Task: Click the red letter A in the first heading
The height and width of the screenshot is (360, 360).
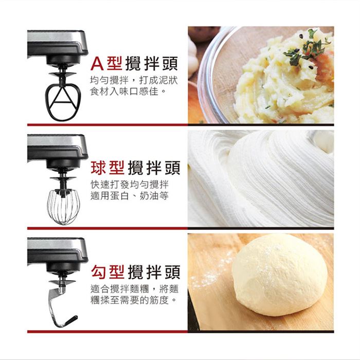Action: point(98,64)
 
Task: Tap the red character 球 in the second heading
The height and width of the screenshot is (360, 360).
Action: point(98,168)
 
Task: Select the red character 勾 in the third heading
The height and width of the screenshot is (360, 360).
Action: point(98,272)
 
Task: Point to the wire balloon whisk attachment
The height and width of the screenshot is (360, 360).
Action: point(63,207)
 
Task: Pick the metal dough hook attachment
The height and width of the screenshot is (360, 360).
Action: point(53,305)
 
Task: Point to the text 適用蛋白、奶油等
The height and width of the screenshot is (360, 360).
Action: point(130,196)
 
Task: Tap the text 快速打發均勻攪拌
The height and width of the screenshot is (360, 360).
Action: point(130,184)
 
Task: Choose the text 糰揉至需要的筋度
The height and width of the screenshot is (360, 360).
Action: point(133,300)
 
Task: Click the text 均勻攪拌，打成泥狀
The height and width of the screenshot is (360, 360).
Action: point(134,80)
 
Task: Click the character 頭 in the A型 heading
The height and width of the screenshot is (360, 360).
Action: point(170,64)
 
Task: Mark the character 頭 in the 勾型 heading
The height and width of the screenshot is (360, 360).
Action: point(172,272)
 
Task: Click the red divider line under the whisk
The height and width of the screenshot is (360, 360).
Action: point(107,228)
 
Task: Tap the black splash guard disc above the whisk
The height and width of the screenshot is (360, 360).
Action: point(63,178)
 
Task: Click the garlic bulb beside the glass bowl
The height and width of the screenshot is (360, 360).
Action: point(192,55)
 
